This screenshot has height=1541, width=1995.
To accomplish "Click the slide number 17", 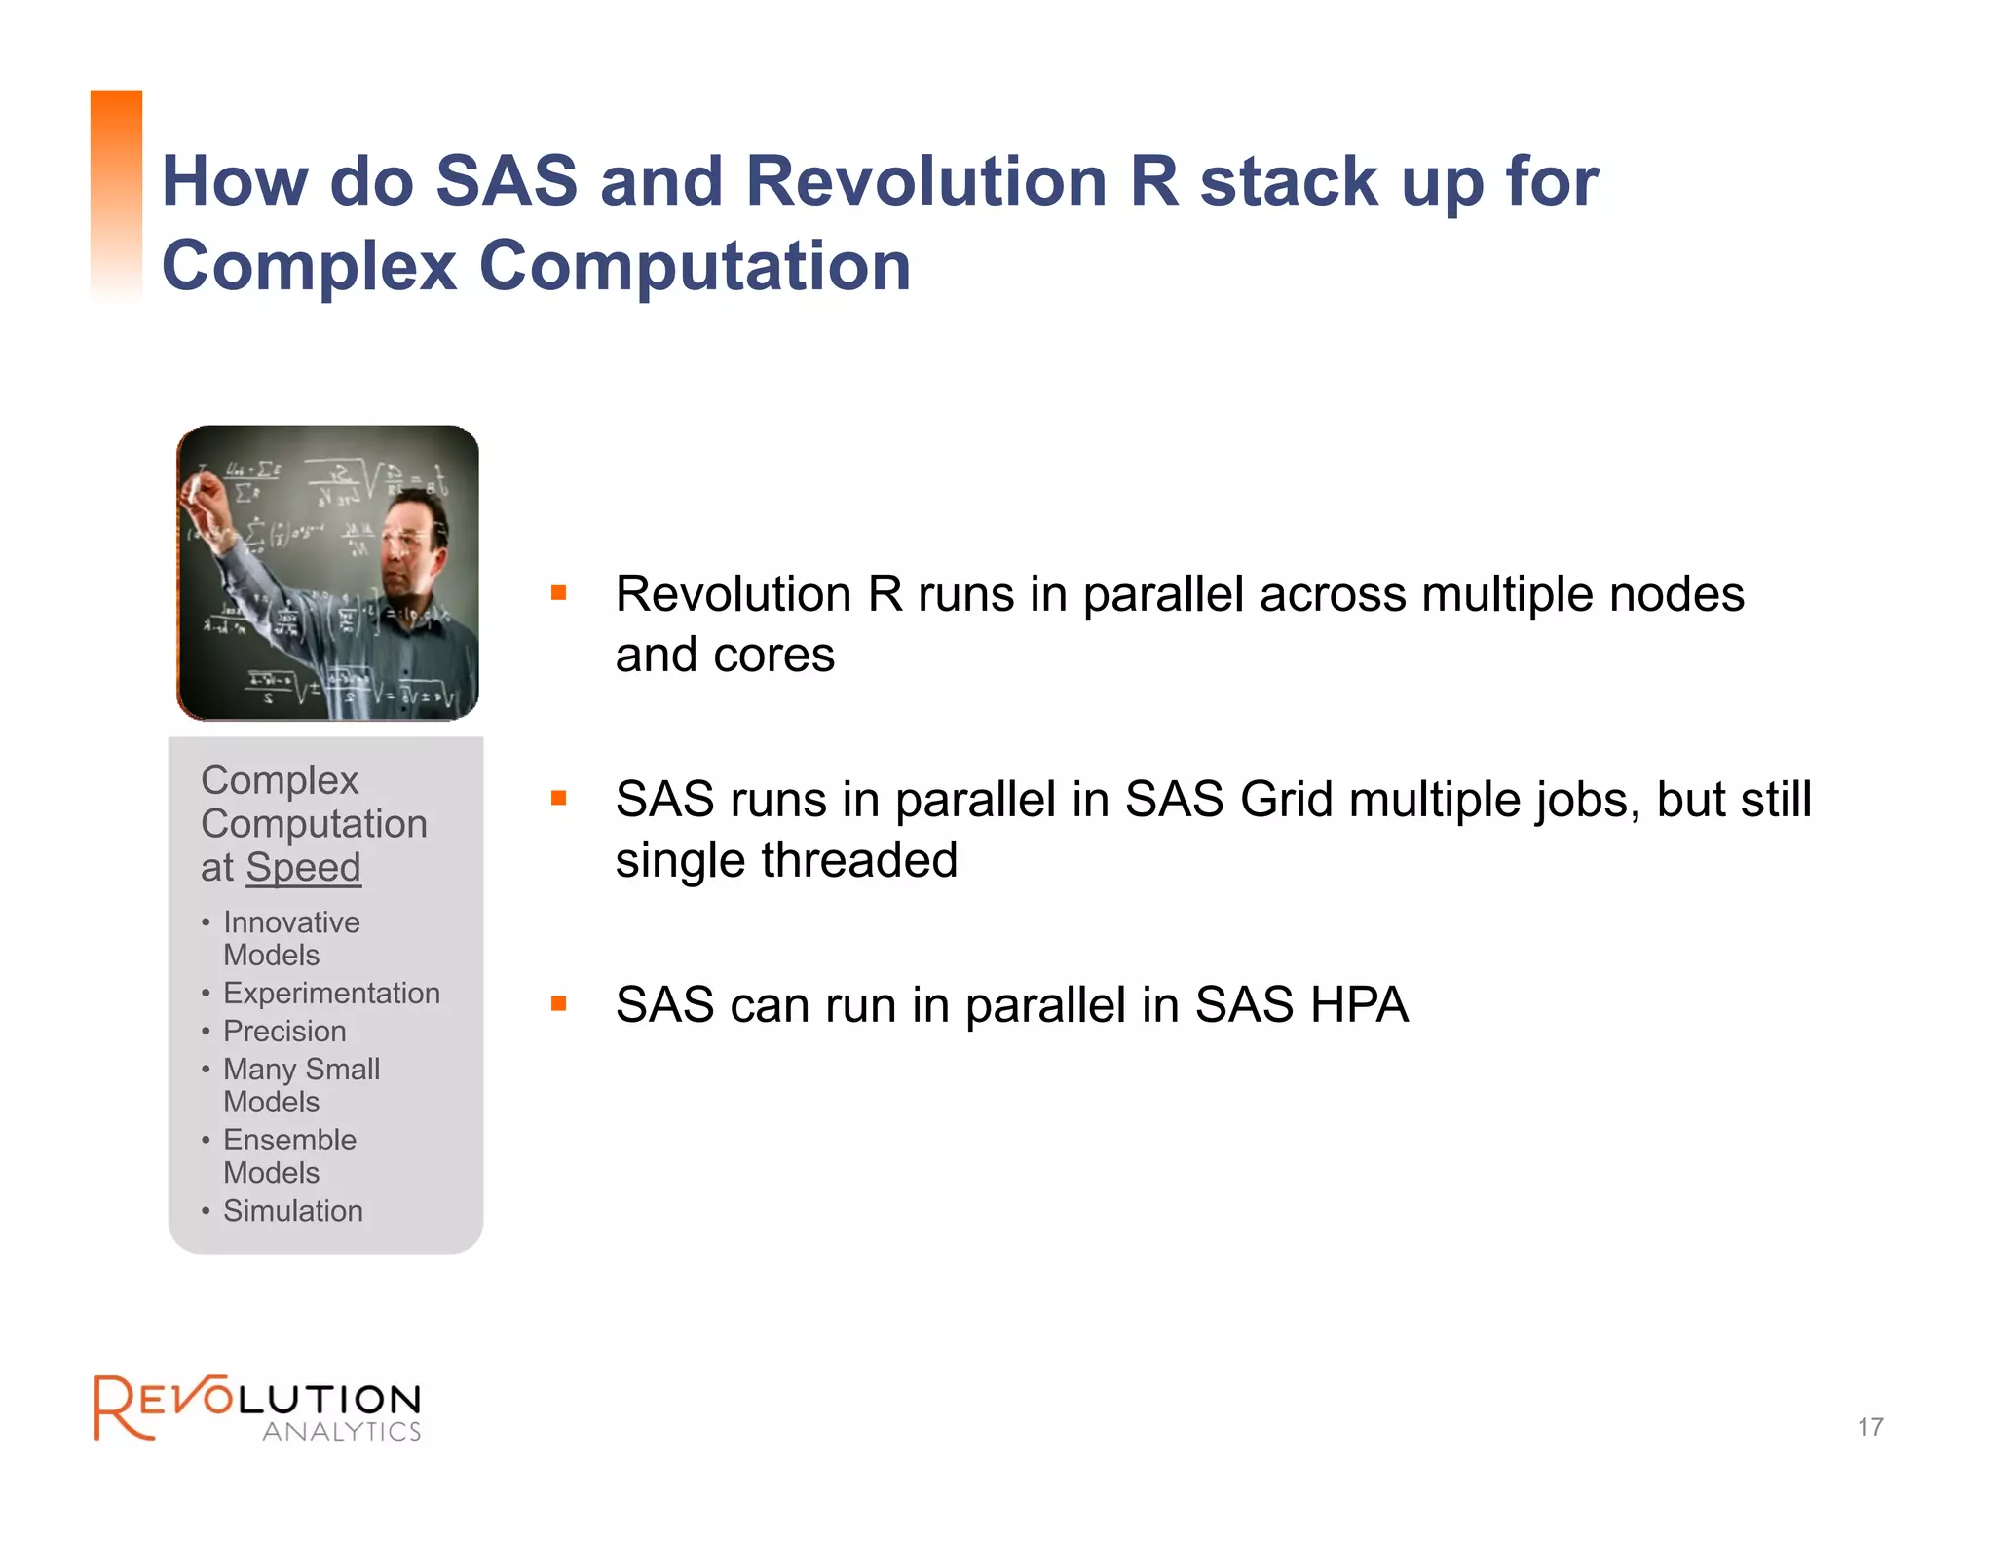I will (x=1869, y=1427).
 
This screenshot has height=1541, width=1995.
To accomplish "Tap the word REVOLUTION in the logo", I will (x=258, y=1400).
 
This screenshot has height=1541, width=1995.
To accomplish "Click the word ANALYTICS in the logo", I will (x=341, y=1432).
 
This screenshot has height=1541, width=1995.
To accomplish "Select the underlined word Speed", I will (x=303, y=867).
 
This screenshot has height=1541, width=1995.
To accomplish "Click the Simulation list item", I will (x=292, y=1211).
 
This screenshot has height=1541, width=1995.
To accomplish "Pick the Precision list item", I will (x=284, y=1031).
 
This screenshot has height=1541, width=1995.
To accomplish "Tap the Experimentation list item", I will (x=331, y=993).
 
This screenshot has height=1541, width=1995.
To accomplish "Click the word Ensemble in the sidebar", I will (x=289, y=1140).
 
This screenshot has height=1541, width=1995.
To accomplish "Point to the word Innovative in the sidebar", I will (x=291, y=922).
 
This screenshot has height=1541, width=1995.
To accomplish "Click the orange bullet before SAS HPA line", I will (x=558, y=1003).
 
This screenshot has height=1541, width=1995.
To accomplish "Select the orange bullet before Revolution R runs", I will (x=558, y=592).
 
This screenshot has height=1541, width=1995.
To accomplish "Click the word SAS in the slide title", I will (x=507, y=181).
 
